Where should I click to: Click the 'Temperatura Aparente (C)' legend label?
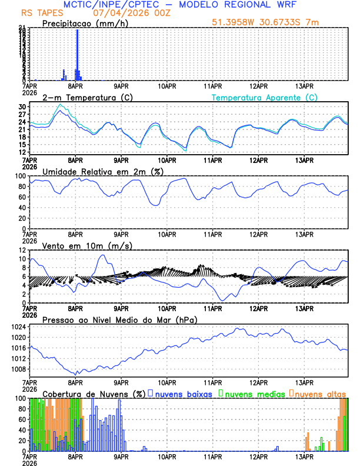pos(264,97)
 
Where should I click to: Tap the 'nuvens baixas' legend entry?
pos(182,393)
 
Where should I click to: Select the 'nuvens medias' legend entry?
pos(253,393)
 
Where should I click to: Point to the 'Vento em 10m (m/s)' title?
pos(87,245)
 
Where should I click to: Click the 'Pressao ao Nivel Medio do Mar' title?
pos(119,319)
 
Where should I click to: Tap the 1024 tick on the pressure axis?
pos(19,327)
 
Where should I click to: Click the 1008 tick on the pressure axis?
pos(19,370)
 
